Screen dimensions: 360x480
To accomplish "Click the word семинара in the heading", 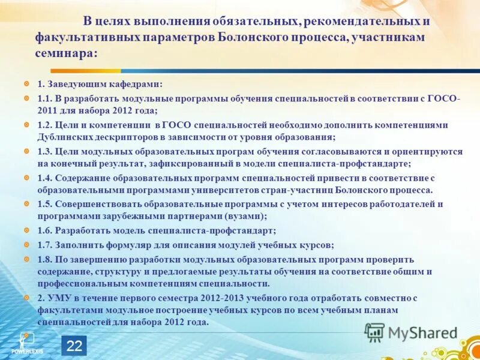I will tap(65, 53).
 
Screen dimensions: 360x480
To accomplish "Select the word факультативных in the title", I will tap(86, 37).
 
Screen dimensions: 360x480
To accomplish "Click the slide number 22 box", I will tap(74, 346).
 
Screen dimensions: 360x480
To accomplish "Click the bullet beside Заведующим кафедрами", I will tap(26, 84).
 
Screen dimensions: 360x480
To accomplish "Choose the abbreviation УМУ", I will tap(59, 298).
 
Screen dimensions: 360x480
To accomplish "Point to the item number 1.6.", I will tap(45, 230).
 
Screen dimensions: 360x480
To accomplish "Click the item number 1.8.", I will tap(45, 259).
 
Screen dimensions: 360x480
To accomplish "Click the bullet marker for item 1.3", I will tap(26, 151).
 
